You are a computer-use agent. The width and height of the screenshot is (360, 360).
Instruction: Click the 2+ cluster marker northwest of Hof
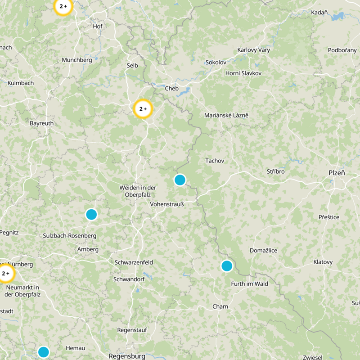(x=63, y=6)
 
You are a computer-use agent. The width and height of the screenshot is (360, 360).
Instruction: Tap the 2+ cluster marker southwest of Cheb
(x=143, y=109)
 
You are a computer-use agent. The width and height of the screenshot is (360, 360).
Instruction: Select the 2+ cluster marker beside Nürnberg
(x=6, y=273)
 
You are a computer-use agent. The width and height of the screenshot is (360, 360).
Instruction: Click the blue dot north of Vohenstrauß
(x=180, y=180)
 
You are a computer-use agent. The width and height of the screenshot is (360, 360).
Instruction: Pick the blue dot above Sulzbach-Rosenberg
(x=91, y=215)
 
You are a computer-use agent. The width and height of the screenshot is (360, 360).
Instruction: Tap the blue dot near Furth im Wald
(x=227, y=266)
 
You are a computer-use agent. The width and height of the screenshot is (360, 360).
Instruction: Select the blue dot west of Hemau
(x=43, y=351)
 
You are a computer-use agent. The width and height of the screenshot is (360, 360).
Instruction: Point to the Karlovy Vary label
(x=253, y=50)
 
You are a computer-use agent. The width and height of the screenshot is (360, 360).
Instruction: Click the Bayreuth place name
(x=41, y=123)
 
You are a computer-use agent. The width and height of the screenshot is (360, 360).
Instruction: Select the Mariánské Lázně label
(x=226, y=116)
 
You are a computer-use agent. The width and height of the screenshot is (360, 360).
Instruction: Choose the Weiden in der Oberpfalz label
(x=137, y=191)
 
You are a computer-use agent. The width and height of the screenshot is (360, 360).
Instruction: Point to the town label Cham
(x=220, y=306)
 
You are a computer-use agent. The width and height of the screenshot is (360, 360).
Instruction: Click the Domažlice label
(x=263, y=250)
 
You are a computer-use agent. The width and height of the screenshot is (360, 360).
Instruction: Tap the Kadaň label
(x=319, y=13)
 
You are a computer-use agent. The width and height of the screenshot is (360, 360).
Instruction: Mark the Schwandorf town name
(x=129, y=279)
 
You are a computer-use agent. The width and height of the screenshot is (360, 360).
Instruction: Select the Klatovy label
(x=323, y=262)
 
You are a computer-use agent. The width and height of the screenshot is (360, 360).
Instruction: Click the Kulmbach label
(x=21, y=83)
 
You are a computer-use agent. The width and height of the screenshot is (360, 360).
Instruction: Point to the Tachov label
(x=215, y=161)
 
